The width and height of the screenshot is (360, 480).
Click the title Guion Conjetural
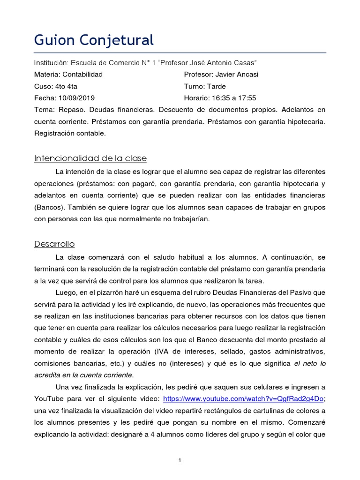click(94, 40)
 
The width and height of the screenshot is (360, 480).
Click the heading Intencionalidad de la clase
click(90, 158)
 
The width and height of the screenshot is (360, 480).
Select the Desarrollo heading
click(54, 244)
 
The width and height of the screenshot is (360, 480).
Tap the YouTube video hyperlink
click(243, 399)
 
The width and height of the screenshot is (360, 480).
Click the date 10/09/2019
click(77, 98)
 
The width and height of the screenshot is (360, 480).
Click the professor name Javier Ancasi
click(237, 75)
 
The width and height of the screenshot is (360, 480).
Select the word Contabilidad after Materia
click(82, 75)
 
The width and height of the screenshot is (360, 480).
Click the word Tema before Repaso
click(44, 110)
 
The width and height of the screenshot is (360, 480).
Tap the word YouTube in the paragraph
click(51, 399)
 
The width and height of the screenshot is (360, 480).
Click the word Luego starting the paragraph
click(65, 292)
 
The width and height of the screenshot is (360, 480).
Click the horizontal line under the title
click(180, 53)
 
